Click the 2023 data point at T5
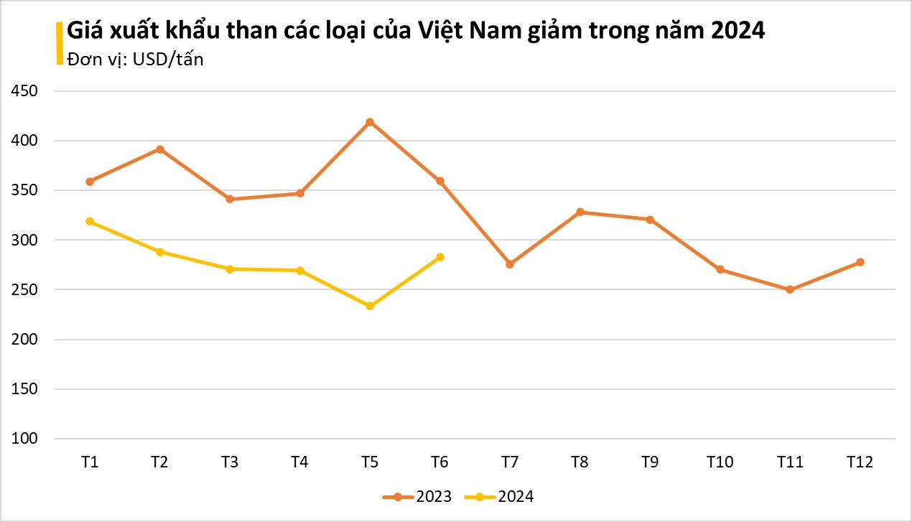370,122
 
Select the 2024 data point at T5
370,306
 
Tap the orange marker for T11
790,289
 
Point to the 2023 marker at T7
510,264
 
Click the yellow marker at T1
90,221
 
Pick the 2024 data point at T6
440,257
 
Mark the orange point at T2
159,149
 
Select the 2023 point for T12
860,262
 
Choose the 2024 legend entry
500,496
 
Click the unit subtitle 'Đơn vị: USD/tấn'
135,60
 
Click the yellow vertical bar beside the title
59,43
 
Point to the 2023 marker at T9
650,220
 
